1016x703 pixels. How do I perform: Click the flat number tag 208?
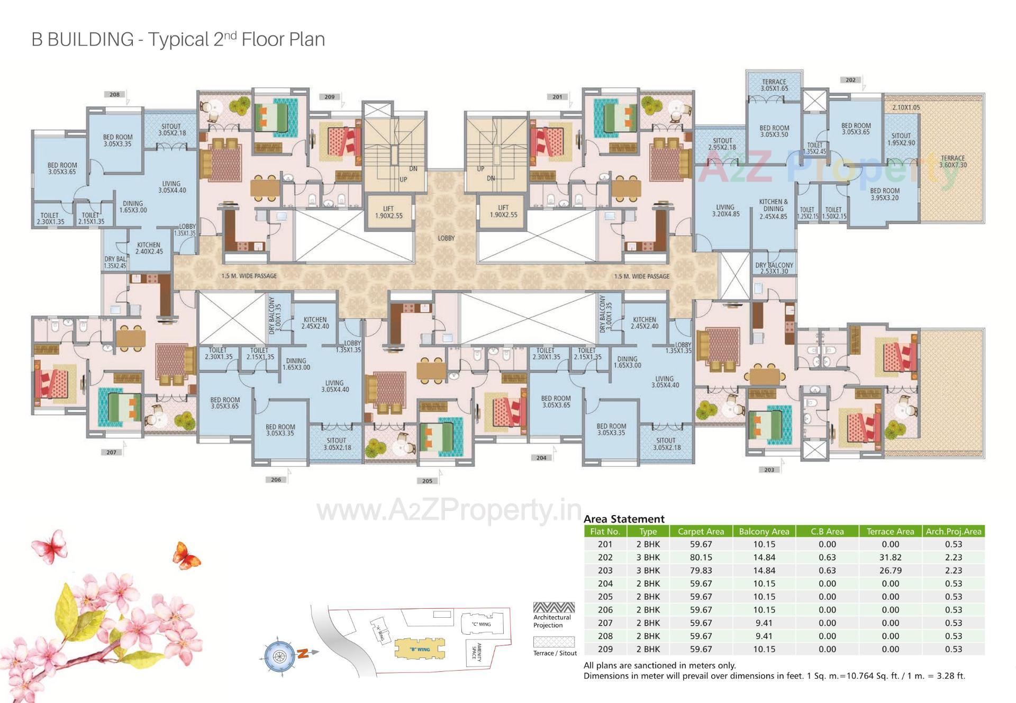(x=115, y=94)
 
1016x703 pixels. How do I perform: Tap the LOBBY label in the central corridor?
(x=446, y=238)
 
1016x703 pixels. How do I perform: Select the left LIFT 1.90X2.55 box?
(x=389, y=212)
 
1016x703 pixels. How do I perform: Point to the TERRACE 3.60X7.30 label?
(x=952, y=161)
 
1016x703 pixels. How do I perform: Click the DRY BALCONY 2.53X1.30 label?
(x=774, y=268)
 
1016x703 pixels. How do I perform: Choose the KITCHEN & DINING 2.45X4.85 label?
(x=773, y=209)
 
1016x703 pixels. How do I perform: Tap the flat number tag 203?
(x=769, y=470)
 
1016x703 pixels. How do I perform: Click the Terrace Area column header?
(x=890, y=531)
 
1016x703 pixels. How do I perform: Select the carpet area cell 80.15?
(x=701, y=557)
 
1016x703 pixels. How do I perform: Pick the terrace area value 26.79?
(x=890, y=571)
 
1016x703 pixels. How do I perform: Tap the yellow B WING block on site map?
(x=419, y=648)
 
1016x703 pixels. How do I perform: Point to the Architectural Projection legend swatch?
(x=554, y=608)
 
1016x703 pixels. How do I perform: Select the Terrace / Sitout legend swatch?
(x=554, y=642)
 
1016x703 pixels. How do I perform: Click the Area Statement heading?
(x=624, y=519)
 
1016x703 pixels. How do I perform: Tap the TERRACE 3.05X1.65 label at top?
(x=774, y=85)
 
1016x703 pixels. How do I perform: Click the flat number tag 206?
(x=276, y=480)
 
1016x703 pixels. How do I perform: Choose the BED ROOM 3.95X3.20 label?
(x=884, y=194)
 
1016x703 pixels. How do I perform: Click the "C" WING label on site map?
(x=481, y=624)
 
